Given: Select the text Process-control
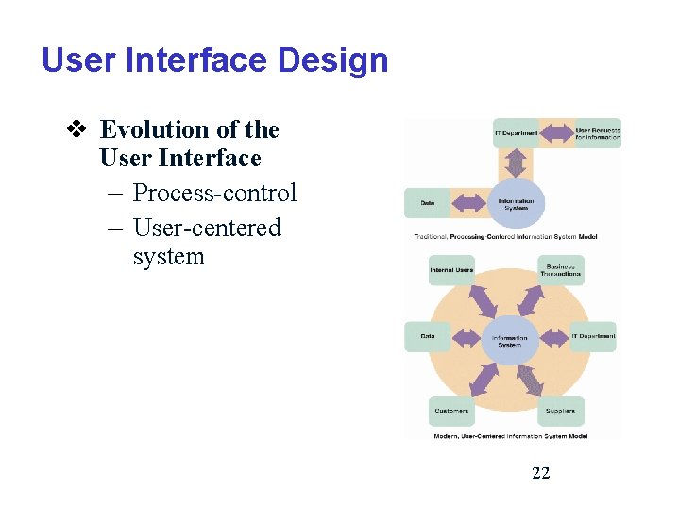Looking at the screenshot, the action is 214,193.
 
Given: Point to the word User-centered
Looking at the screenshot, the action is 207,228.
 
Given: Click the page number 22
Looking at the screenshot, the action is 541,472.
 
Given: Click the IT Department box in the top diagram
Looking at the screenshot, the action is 516,133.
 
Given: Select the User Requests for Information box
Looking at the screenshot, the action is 598,133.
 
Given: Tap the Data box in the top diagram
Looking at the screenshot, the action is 428,203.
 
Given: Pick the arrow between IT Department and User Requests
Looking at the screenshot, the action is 556,133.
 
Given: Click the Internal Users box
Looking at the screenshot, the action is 451,271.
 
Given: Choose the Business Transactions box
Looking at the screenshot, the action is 561,270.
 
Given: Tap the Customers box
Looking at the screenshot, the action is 451,411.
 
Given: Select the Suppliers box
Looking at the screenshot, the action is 561,411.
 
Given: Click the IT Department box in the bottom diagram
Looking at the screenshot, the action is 593,337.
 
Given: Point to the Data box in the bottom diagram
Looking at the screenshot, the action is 428,337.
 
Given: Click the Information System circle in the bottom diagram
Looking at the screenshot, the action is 510,341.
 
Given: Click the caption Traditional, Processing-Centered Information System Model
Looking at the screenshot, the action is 505,236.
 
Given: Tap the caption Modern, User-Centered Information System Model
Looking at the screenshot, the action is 511,436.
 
